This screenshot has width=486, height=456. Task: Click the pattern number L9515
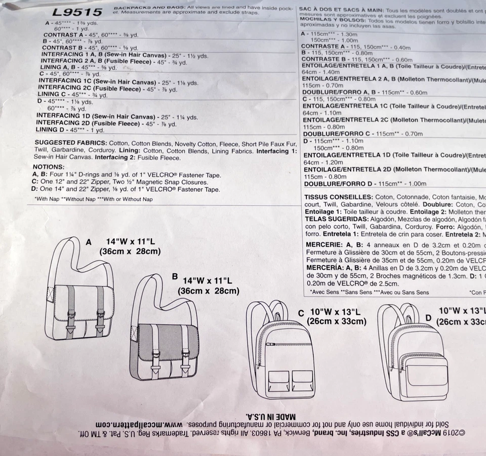(x=77, y=12)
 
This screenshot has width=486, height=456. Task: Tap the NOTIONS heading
(x=49, y=167)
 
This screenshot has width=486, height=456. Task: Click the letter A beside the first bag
(x=89, y=242)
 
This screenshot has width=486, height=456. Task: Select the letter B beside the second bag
(x=175, y=277)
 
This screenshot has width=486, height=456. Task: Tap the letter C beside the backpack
(x=301, y=313)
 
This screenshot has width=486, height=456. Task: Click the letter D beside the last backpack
(x=428, y=317)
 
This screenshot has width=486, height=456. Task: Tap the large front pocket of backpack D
(x=426, y=371)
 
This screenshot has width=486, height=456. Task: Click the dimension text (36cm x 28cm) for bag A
(x=130, y=252)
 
